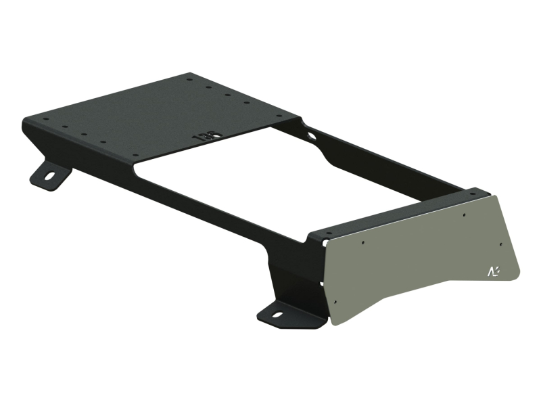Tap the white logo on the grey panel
pyautogui.click(x=494, y=271)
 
